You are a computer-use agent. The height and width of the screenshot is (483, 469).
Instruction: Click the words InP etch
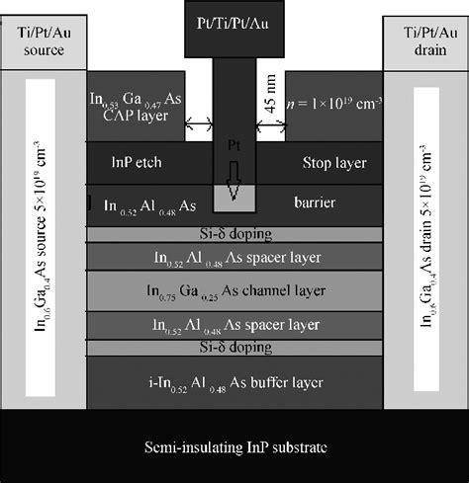[127, 158]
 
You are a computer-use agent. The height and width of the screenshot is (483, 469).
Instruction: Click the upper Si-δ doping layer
[234, 235]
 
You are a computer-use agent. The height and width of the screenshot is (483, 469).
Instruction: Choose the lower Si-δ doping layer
[234, 348]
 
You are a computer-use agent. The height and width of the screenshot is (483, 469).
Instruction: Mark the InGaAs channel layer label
[234, 291]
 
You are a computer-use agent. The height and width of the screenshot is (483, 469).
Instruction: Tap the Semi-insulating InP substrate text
[234, 445]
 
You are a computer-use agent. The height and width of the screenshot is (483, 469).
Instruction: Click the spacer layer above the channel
[234, 259]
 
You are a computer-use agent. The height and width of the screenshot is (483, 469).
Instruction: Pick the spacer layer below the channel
[234, 324]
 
